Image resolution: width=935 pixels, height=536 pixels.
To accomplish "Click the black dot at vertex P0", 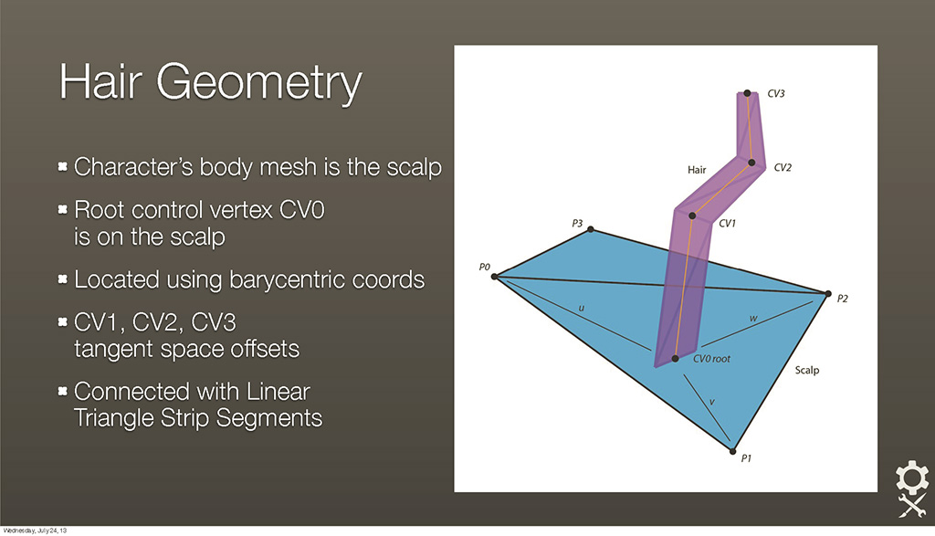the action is pos(494,276).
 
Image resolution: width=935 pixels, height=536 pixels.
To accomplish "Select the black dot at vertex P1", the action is pos(733,451).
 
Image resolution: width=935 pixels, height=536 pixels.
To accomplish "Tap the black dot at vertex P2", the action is pos(827,293).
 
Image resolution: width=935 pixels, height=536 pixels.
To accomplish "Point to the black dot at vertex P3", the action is pos(591,229).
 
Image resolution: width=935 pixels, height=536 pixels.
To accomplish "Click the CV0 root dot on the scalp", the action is pos(675,358).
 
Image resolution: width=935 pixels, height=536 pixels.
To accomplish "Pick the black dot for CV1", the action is pos(692,215).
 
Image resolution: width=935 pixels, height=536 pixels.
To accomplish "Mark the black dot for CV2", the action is pos(751,163).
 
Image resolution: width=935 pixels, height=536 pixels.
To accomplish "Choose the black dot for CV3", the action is pos(747,93).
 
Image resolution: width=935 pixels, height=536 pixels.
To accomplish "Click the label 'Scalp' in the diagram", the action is pos(807,370).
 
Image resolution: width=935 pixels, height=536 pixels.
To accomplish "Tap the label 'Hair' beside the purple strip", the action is pos(697,170).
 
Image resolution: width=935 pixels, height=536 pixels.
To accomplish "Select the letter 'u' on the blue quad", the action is pos(582,309).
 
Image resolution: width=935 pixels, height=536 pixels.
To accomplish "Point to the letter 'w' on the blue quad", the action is pos(753,319).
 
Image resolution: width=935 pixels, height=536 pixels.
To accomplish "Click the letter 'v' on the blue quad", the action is pos(712,403).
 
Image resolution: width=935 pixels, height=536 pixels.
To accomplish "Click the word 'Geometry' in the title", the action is pos(258,83).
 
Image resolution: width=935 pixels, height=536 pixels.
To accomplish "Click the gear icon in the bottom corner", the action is pos(912,478).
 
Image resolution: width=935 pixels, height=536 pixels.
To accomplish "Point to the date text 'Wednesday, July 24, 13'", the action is pos(35,530).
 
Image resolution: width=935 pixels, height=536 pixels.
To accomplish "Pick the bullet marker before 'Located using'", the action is pos(63,279).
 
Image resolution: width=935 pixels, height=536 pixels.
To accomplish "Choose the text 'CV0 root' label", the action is pos(711,359).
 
